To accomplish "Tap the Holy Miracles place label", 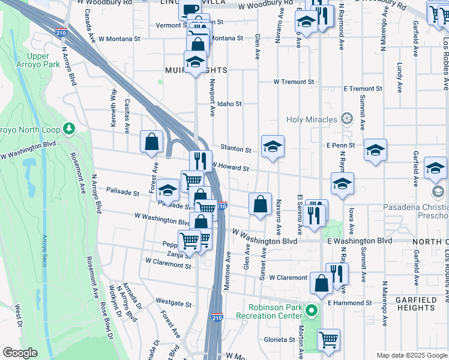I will click(312, 119).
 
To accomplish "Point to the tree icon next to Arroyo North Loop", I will click(70, 128).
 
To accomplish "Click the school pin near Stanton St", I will click(273, 146).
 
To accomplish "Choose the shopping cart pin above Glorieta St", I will click(328, 340).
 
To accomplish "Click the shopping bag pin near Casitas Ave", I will click(152, 142).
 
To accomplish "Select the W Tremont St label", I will click(294, 82).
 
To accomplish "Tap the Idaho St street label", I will click(229, 104).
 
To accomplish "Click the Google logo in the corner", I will click(20, 353).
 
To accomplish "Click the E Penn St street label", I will click(340, 145).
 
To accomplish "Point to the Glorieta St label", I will click(279, 340).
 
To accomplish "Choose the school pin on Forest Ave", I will click(168, 190).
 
